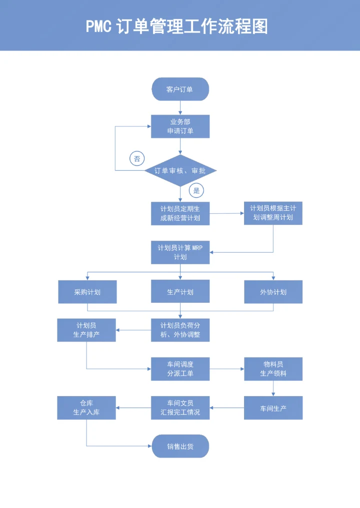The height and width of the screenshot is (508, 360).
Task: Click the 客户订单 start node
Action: point(180,89)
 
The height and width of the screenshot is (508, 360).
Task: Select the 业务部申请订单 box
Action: point(180,126)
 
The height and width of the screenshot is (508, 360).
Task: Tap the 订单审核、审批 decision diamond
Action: point(180,171)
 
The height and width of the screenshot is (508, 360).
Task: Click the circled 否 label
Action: point(137,159)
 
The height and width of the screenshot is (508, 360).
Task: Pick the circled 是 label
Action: point(196,190)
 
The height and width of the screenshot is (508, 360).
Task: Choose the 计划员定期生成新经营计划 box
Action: point(180,213)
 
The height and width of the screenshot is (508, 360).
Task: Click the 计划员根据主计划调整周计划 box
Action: point(273,213)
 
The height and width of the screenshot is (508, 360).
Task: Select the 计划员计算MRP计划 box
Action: point(180,252)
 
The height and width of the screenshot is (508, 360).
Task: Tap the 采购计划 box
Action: point(87,292)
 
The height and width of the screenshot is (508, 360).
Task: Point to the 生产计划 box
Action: point(180,292)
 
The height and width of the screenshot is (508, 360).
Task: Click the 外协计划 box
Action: point(273,292)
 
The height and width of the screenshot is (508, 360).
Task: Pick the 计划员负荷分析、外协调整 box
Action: point(180,330)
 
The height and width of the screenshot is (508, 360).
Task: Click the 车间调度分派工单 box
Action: point(180,369)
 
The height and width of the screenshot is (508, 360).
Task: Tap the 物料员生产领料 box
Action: point(273,369)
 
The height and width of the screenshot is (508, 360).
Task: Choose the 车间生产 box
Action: point(273,408)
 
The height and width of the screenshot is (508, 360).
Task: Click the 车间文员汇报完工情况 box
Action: point(180,408)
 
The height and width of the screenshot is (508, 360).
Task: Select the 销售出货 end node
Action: point(180,446)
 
